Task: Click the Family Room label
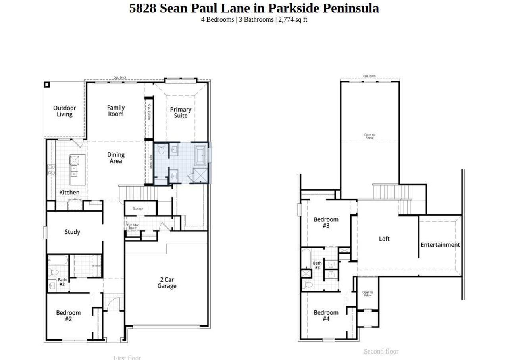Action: click(x=116, y=111)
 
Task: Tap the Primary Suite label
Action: click(x=181, y=112)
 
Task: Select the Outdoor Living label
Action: click(x=64, y=111)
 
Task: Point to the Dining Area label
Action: click(x=115, y=158)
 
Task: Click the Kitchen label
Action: click(x=69, y=193)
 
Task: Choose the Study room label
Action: click(x=72, y=232)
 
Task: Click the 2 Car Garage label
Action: click(x=167, y=283)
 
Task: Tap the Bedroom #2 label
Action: click(x=68, y=316)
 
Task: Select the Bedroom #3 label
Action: click(x=326, y=223)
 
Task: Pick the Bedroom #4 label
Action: click(x=326, y=316)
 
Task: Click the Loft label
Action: click(x=384, y=239)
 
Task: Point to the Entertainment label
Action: click(x=440, y=245)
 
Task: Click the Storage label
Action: click(x=138, y=208)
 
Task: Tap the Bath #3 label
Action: click(x=317, y=265)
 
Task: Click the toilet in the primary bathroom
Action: click(x=162, y=150)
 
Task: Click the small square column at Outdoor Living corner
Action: click(x=46, y=85)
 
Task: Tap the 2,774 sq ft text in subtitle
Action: click(x=292, y=19)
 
